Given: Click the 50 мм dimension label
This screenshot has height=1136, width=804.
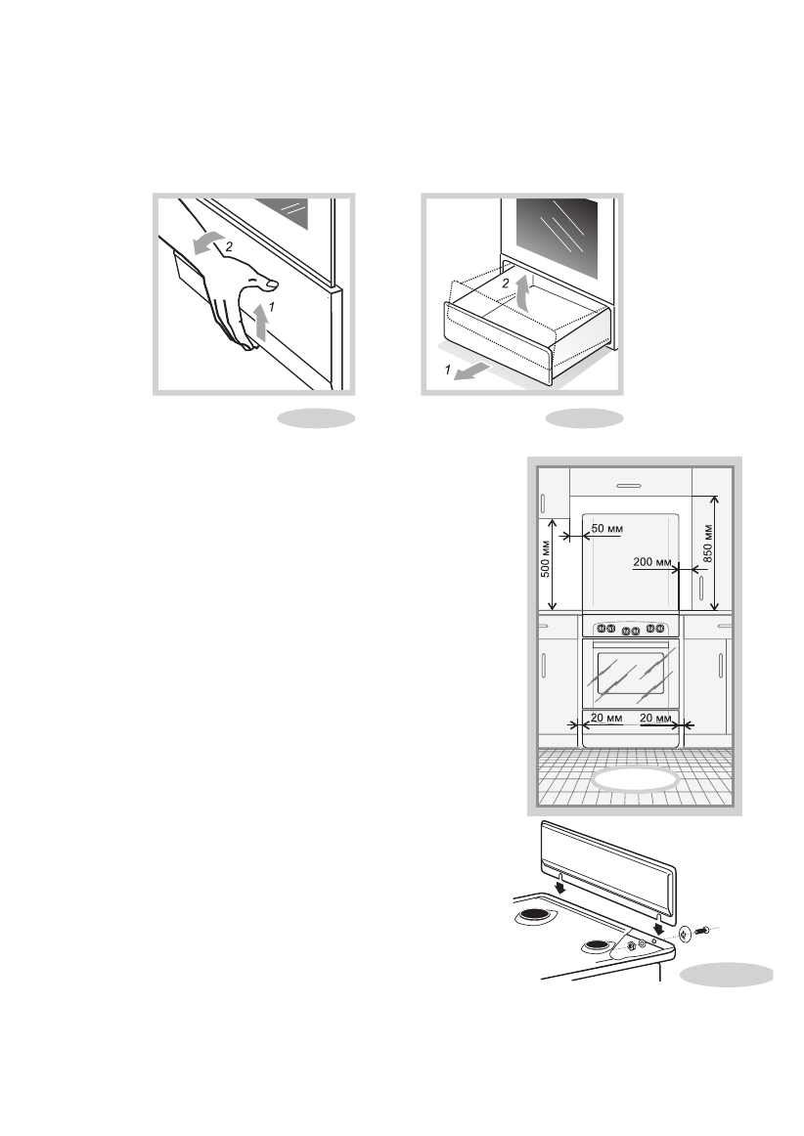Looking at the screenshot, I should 607,529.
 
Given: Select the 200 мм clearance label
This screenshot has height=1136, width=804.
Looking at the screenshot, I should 651,562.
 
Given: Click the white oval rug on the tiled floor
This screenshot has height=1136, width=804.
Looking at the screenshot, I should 636,780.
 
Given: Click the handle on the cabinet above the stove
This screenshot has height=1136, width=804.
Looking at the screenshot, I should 629,485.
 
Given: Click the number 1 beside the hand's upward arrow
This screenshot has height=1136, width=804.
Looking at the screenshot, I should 272,306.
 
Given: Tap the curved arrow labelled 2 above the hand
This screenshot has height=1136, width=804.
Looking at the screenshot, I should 205,244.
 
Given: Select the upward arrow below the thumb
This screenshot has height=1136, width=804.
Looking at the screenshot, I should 259,322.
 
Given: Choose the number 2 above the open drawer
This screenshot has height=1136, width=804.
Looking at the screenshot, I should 505,283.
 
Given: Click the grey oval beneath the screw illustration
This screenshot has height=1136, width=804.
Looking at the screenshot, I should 726,976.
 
